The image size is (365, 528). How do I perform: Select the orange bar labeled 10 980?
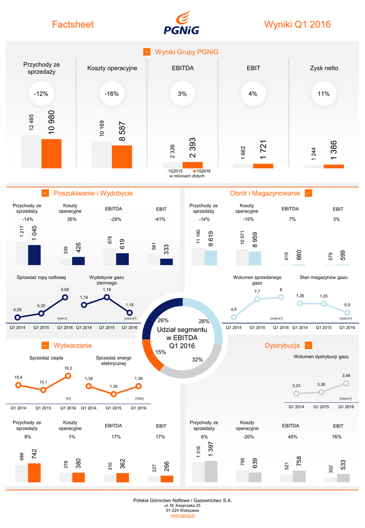[51, 154]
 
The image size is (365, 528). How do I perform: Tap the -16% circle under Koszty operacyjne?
[111, 94]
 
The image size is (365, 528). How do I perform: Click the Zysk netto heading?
[324, 68]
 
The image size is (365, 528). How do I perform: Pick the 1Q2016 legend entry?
[203, 171]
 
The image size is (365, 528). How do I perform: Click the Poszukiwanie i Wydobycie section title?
[93, 193]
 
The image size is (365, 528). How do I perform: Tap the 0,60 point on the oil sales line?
[65, 297]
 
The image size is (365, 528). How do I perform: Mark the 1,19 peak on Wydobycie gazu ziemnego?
[107, 297]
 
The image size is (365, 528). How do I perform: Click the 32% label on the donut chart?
[197, 359]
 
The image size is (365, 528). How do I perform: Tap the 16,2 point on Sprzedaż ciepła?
[68, 376]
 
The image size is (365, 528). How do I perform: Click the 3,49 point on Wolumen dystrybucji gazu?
[346, 383]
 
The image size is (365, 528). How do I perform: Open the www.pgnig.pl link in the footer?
[182, 516]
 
